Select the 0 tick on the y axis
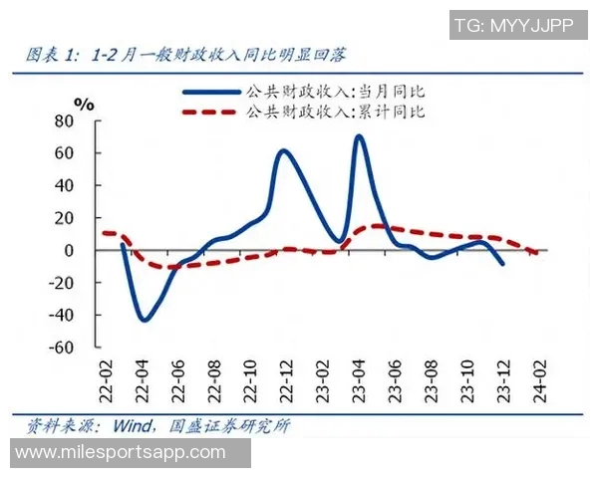click(70, 250)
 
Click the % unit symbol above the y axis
click(85, 103)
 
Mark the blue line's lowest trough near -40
click(145, 320)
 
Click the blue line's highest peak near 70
click(358, 136)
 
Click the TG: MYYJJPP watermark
click(513, 26)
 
